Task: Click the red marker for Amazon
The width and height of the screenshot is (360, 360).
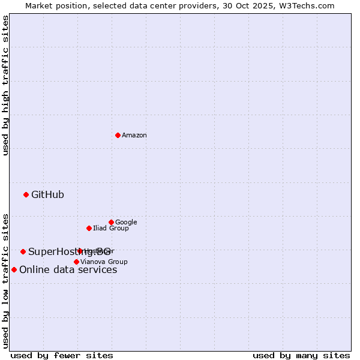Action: [x=118, y=135]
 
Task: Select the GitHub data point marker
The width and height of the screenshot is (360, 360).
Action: [x=26, y=194]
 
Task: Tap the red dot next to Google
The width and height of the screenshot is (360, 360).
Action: [x=111, y=222]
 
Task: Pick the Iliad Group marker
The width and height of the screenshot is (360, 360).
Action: [x=89, y=228]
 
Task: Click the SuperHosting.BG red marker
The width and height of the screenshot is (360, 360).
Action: [x=23, y=251]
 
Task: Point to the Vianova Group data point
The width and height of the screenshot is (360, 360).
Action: [x=76, y=262]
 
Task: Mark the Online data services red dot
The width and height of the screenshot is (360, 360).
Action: [x=14, y=269]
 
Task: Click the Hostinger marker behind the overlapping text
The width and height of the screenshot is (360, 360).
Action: [x=80, y=251]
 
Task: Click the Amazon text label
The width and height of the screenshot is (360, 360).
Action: [x=134, y=135]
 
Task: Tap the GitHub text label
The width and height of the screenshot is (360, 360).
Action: [x=47, y=194]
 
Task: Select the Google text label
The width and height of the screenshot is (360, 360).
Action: [x=126, y=222]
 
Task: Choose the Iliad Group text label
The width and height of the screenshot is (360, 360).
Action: [x=111, y=228]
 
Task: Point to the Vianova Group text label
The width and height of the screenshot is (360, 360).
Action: [x=104, y=262]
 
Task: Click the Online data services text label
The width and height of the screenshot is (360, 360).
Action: [x=68, y=269]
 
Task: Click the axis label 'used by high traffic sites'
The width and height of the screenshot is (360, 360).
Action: [x=5, y=85]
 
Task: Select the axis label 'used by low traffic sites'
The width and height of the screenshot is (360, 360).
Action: [x=5, y=280]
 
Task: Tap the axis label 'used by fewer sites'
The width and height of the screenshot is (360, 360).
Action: [x=62, y=355]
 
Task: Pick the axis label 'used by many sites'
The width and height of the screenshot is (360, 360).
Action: [x=301, y=355]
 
